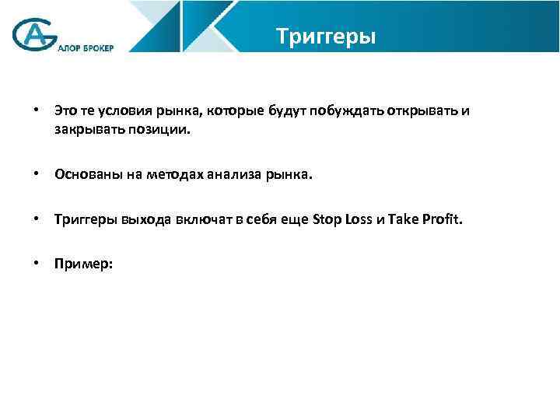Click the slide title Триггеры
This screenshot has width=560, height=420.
[x=326, y=37]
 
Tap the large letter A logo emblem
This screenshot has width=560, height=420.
[x=33, y=34]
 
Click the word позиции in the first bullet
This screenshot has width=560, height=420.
[x=160, y=130]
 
